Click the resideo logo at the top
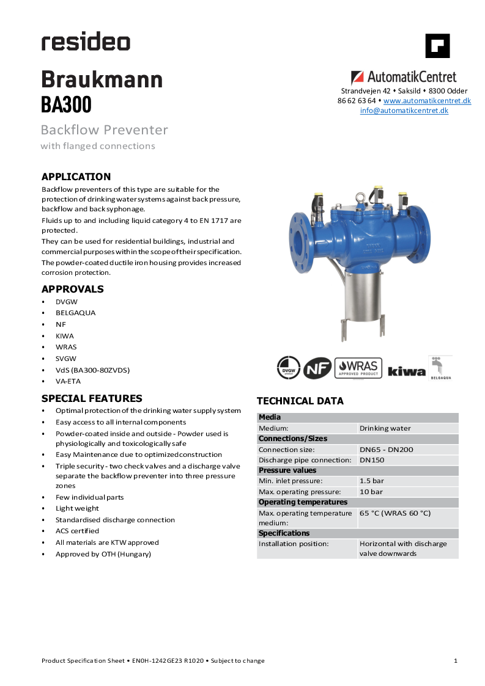click(86, 42)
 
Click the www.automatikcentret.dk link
click(427, 101)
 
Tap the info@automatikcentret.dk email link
click(404, 111)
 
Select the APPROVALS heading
click(72, 289)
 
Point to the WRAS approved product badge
click(358, 368)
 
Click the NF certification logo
click(318, 368)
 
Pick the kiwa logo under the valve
click(406, 371)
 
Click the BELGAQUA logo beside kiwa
click(440, 368)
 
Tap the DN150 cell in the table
click(372, 460)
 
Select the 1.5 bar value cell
click(371, 481)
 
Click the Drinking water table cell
click(385, 428)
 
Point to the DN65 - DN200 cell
click(387, 450)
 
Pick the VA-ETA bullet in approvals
click(68, 381)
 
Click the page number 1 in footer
click(456, 660)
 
